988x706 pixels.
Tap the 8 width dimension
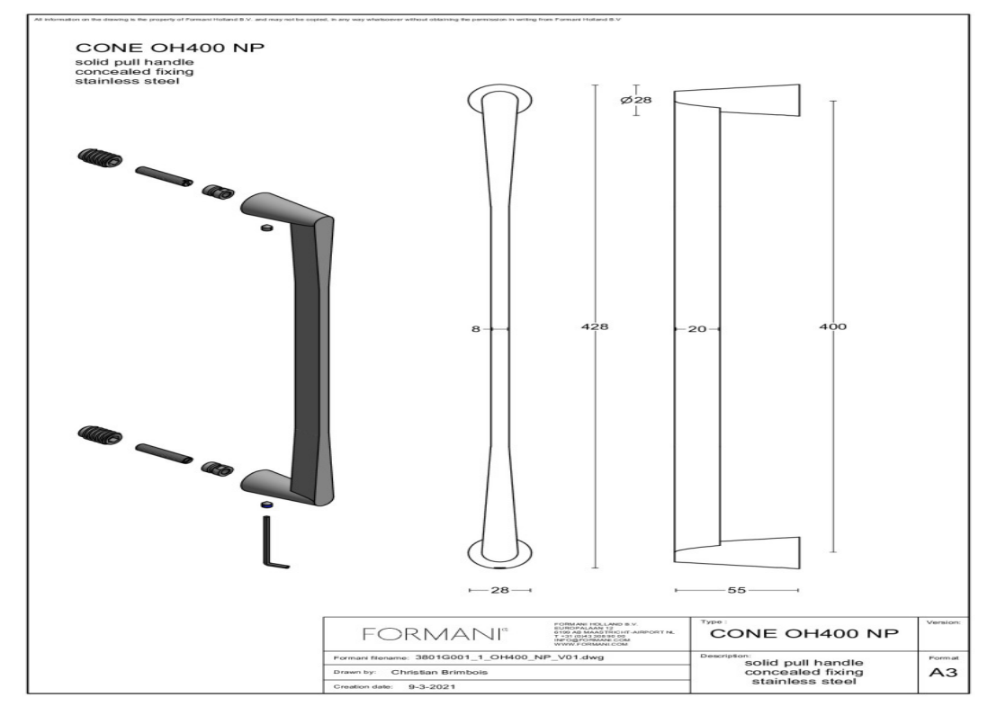(476, 329)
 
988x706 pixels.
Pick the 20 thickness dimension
(696, 329)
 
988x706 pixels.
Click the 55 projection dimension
(735, 590)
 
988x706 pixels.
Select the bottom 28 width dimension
(500, 590)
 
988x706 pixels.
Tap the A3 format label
(948, 675)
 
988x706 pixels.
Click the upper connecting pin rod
(163, 175)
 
